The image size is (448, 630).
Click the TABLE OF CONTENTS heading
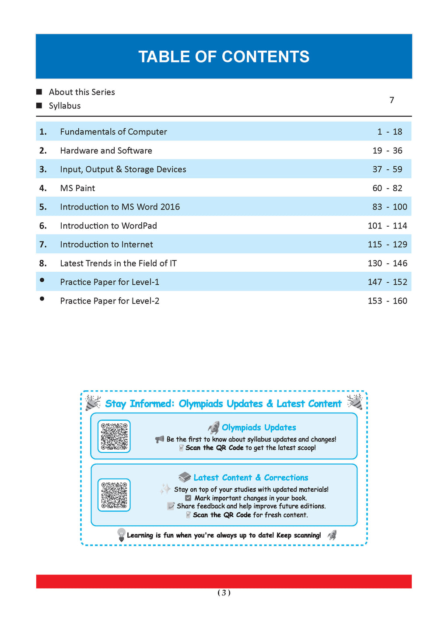(x=224, y=57)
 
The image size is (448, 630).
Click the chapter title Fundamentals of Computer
(x=113, y=132)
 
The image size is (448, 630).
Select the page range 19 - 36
(x=387, y=150)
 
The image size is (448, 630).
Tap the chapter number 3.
(x=43, y=169)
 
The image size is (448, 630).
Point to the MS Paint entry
(x=77, y=188)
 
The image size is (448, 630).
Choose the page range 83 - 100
(x=389, y=207)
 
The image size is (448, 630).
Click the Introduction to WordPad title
(x=108, y=226)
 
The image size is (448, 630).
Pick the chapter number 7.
(x=43, y=245)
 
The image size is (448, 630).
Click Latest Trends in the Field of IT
(x=118, y=263)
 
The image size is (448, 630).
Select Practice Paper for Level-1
(x=109, y=282)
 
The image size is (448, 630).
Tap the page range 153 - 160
(x=387, y=301)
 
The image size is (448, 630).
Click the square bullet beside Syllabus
(x=39, y=105)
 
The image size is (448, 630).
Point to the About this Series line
(x=82, y=92)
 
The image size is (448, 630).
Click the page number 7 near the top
(x=392, y=100)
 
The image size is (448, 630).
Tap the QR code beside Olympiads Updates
(x=114, y=436)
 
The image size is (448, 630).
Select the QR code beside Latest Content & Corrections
(x=114, y=495)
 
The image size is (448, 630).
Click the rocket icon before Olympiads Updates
(x=213, y=427)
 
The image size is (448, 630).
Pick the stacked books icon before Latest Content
(x=185, y=477)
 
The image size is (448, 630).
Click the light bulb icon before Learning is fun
(x=121, y=535)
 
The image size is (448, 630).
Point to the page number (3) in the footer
(x=224, y=593)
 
